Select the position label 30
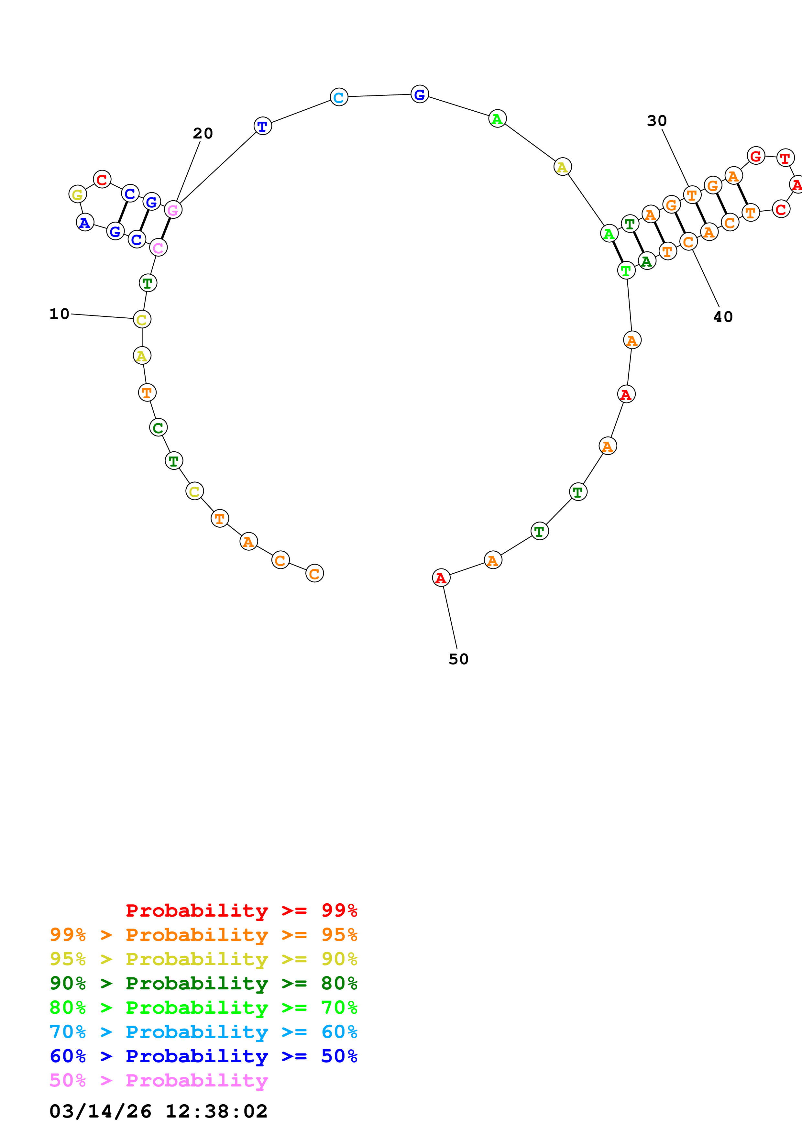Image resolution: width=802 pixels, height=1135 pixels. (x=657, y=121)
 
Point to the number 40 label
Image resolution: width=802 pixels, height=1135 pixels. (x=723, y=317)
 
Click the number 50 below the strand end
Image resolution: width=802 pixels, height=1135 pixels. (x=458, y=659)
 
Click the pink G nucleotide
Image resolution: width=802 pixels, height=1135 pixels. (x=173, y=210)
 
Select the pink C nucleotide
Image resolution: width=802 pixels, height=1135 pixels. (x=158, y=248)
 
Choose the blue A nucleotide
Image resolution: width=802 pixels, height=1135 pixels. (x=85, y=223)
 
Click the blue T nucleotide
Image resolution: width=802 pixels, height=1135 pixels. (x=262, y=126)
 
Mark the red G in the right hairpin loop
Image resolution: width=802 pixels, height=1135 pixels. (x=755, y=156)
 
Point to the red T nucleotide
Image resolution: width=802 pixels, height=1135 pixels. (x=785, y=159)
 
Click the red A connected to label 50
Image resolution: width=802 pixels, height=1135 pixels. (x=441, y=578)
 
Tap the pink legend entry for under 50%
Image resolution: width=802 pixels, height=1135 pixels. (x=159, y=1081)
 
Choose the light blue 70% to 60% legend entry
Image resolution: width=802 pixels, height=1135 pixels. (x=203, y=1032)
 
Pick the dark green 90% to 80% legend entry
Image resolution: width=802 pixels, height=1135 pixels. (x=203, y=983)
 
